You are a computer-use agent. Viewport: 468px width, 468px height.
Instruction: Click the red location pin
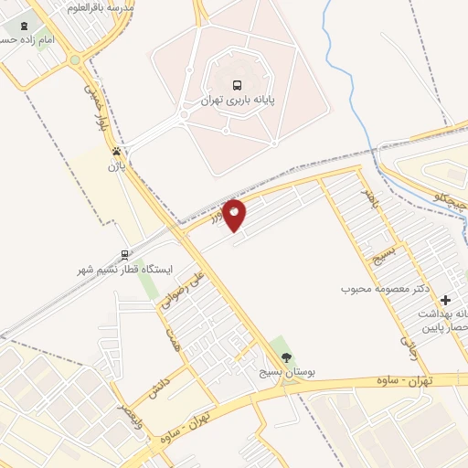click(235, 214)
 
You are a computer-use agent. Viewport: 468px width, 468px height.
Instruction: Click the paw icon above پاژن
click(116, 151)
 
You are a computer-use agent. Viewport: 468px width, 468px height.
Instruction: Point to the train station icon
click(124, 255)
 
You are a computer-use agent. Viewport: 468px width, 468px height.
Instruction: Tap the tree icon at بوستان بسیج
click(286, 357)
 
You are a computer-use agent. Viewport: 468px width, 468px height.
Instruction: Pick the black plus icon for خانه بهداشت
click(446, 299)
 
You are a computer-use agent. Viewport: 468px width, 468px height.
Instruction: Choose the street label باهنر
click(367, 197)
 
